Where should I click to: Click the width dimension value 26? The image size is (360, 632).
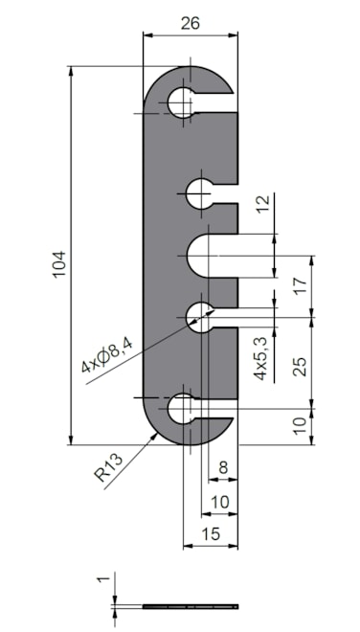click(x=190, y=23)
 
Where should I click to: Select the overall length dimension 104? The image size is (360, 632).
click(x=58, y=264)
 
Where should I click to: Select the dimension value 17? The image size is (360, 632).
click(x=301, y=285)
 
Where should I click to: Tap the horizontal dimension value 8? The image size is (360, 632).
click(x=223, y=467)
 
